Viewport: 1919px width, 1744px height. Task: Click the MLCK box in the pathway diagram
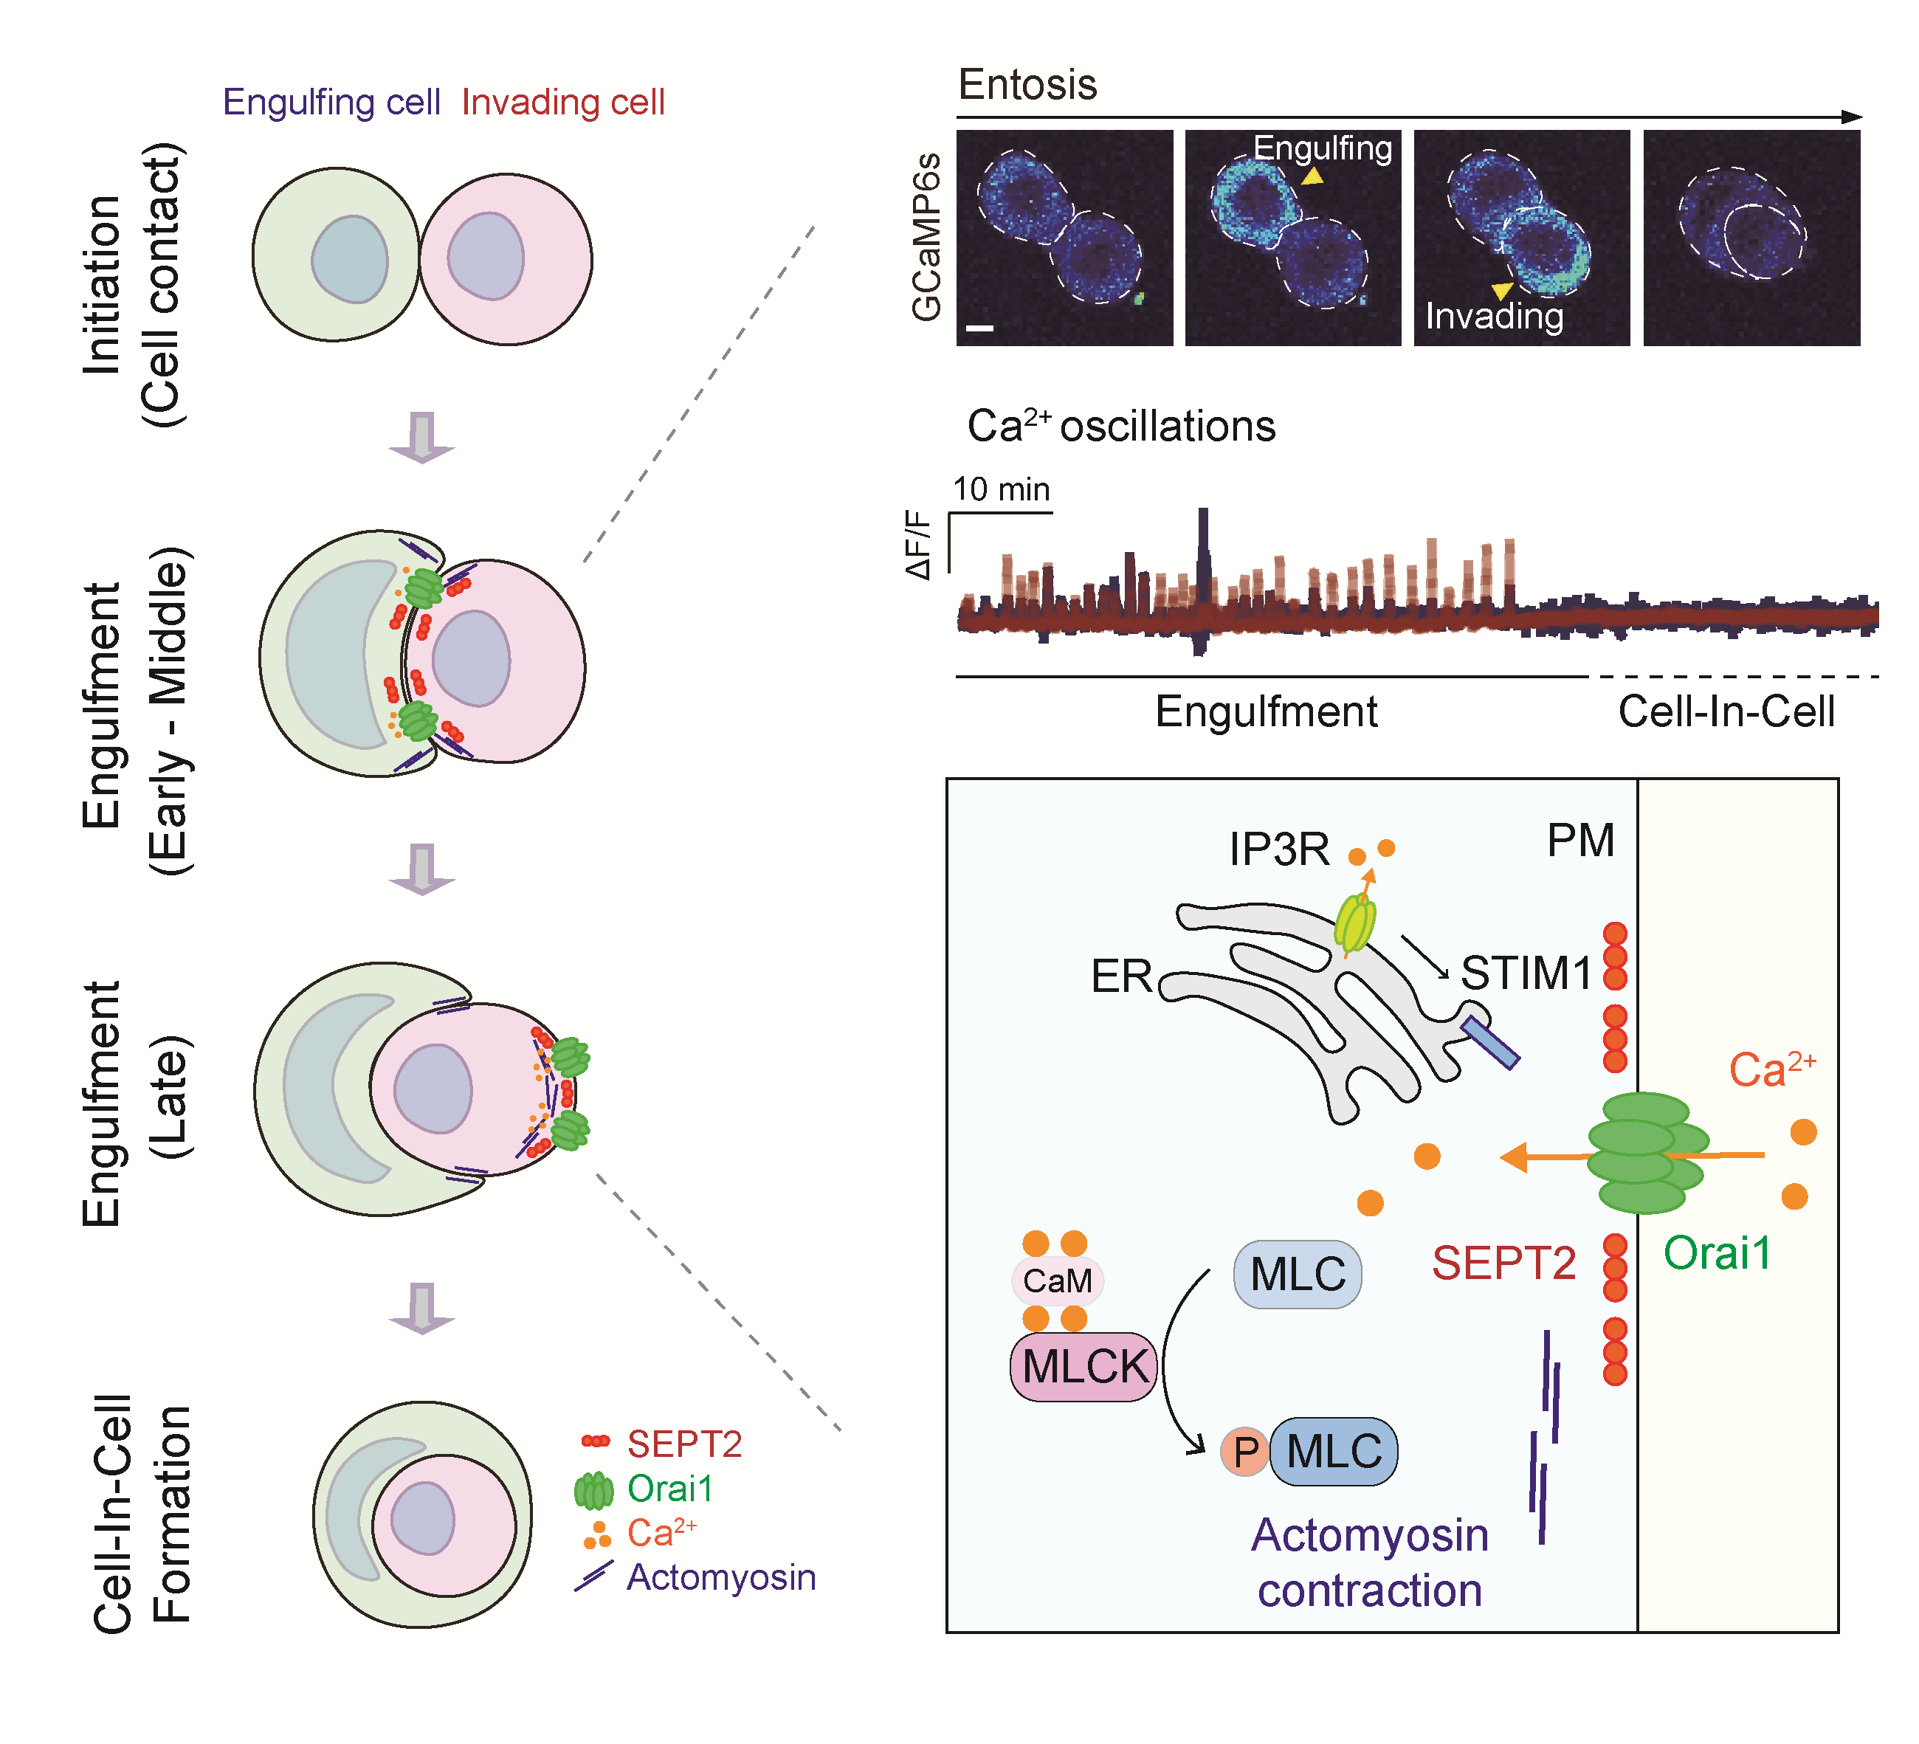tap(1083, 1367)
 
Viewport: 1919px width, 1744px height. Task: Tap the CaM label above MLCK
tap(1057, 1281)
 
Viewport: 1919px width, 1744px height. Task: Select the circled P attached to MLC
tap(1245, 1452)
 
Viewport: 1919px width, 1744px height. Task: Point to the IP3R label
tap(1278, 848)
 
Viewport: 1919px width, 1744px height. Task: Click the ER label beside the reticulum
tap(1121, 976)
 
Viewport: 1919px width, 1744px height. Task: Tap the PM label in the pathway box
tap(1580, 841)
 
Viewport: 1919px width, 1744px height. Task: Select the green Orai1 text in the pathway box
tap(1718, 1252)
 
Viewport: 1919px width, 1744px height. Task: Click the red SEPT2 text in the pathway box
tap(1504, 1264)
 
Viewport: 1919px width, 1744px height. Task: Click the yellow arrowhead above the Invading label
tap(1502, 290)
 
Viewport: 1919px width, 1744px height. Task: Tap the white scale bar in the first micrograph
tap(979, 328)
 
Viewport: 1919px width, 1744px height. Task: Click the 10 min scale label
tap(1002, 489)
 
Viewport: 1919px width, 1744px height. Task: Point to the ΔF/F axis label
tap(919, 545)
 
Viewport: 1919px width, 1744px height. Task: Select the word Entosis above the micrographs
tap(1027, 85)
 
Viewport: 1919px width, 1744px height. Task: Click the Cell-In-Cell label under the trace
tap(1726, 712)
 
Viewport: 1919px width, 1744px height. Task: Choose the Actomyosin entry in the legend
tap(720, 1577)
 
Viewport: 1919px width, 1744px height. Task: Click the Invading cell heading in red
tap(562, 102)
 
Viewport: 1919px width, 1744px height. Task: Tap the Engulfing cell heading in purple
tap(331, 102)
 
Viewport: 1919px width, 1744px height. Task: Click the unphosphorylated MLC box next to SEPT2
tap(1298, 1274)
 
